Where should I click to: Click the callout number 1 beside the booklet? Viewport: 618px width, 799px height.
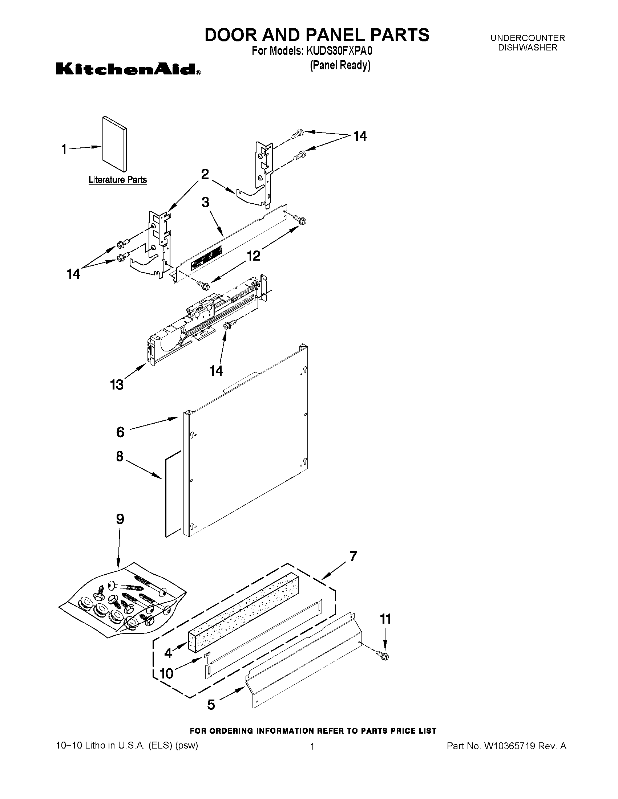pos(64,149)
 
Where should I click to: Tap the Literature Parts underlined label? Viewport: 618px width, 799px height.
pos(117,180)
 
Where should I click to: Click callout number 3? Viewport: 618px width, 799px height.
pos(205,202)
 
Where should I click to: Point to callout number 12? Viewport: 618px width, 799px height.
pos(253,255)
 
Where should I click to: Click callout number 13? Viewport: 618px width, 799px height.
pos(117,384)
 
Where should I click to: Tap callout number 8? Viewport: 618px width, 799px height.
pos(120,456)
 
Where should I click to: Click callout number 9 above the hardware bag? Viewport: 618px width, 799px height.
pos(120,519)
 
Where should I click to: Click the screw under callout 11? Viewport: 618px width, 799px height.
pos(384,656)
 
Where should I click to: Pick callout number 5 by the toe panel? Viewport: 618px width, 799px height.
pos(211,705)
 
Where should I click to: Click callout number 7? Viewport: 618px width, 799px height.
pos(353,556)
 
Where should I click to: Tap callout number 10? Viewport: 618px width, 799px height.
pos(167,673)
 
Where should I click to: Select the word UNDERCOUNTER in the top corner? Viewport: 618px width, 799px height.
pos(528,38)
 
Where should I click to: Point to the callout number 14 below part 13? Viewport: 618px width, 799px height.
pos(216,371)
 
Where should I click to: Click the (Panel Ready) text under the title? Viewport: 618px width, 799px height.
pos(340,65)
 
